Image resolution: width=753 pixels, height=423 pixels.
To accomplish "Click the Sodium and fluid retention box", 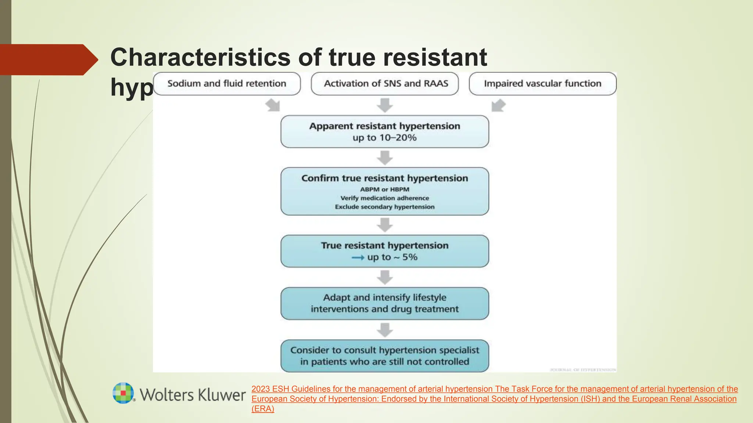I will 226,84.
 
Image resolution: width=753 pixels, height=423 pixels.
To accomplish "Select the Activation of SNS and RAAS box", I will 385,84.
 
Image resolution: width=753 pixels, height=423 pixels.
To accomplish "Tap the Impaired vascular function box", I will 542,84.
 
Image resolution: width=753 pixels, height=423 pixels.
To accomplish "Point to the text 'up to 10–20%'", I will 385,138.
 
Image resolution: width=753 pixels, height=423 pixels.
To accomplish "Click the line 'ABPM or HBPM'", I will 385,189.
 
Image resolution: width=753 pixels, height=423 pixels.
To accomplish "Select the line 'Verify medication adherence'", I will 385,198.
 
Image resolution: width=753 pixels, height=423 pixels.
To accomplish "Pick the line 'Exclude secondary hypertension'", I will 385,207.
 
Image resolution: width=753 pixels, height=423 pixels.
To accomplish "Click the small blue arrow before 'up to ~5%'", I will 358,258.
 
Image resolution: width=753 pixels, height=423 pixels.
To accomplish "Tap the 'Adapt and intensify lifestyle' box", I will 385,303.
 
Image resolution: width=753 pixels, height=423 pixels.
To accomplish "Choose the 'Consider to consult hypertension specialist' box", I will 385,356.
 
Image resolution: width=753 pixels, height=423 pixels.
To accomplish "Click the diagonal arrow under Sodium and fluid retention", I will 273,105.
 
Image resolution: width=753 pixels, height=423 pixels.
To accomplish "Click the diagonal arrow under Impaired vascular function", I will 498,105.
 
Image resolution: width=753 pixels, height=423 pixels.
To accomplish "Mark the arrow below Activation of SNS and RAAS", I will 385,105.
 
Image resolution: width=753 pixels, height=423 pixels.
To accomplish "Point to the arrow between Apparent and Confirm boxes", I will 385,158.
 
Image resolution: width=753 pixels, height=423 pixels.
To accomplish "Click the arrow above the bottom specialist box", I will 385,330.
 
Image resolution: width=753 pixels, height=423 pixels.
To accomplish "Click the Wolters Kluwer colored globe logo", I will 123,393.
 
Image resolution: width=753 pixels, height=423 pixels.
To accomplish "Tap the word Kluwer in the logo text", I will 222,395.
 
